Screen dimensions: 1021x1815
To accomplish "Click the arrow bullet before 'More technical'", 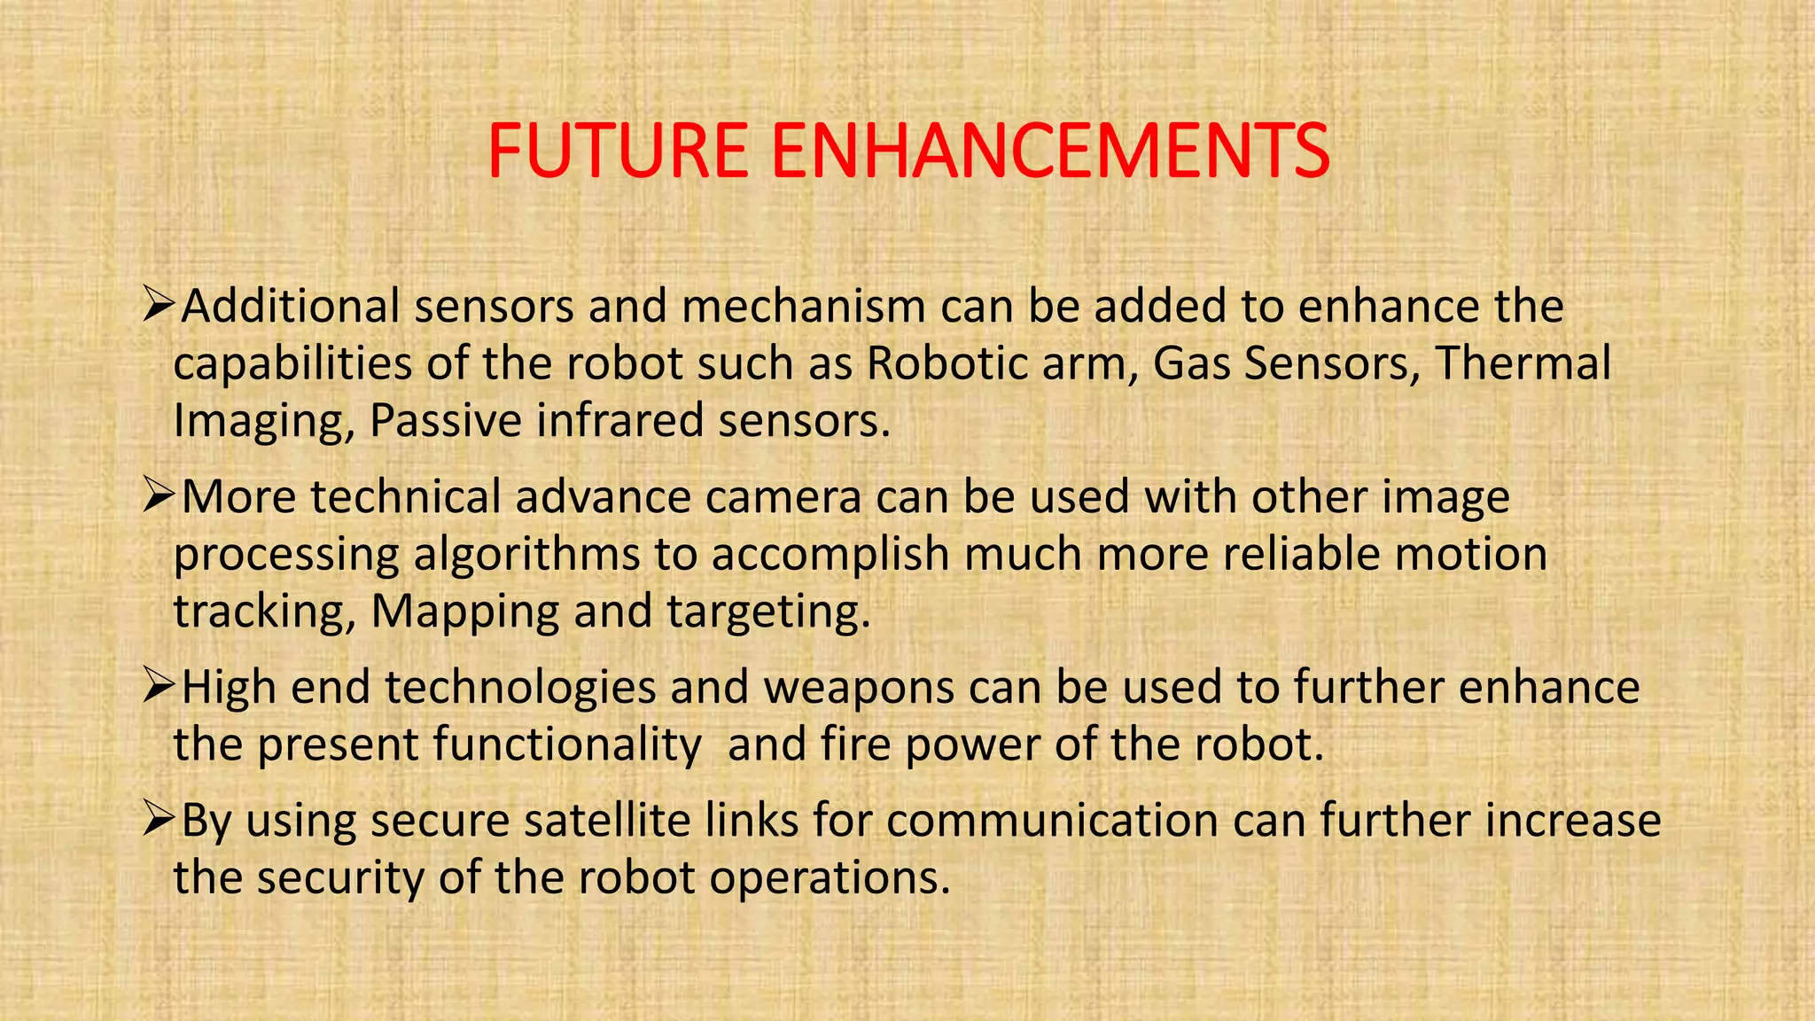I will pos(159,496).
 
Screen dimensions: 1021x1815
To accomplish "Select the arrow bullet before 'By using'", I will pos(159,820).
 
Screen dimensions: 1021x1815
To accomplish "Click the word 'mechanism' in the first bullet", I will pos(804,307).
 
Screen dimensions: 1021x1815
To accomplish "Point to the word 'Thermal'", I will pos(1522,363).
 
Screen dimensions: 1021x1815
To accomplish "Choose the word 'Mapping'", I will pos(464,612).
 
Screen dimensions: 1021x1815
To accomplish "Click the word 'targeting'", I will pos(767,612).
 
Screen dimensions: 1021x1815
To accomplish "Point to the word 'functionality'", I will pos(567,744).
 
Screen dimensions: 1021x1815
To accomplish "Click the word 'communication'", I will pos(1052,820).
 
